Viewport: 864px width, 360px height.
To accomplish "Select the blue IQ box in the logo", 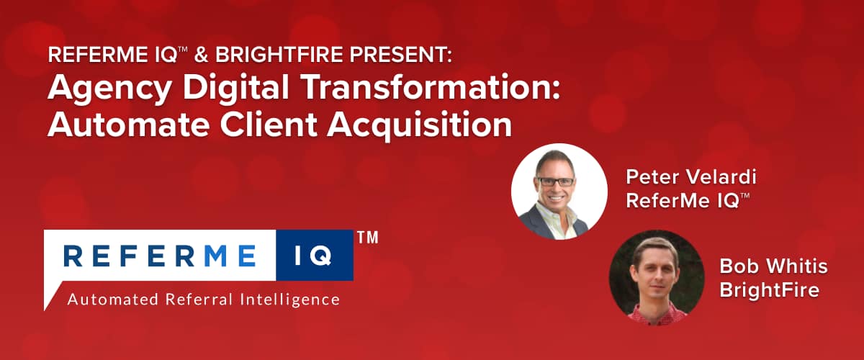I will (x=315, y=255).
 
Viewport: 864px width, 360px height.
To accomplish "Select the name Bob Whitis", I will (x=773, y=267).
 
